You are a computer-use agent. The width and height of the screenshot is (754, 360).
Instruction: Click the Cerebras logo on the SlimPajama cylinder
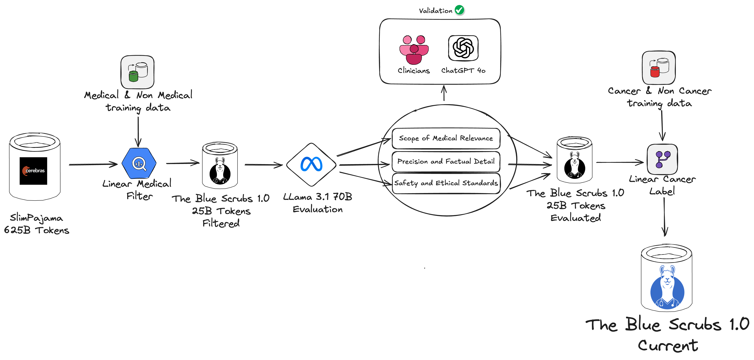33,171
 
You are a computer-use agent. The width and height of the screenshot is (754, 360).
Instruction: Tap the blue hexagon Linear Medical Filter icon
139,163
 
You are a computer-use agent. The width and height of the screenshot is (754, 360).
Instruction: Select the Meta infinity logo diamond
311,164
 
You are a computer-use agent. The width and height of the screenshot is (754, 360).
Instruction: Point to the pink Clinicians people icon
414,50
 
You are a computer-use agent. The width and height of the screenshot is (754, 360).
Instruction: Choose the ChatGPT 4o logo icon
463,48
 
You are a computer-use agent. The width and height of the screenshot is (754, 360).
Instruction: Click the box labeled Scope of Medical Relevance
446,138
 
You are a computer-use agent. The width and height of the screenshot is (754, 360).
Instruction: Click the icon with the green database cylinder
137,72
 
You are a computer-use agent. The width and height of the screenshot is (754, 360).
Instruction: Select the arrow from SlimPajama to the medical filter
93,164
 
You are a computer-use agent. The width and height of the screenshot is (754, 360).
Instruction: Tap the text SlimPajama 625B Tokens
37,224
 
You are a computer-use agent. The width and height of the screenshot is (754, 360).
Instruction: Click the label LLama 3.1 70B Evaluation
318,203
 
